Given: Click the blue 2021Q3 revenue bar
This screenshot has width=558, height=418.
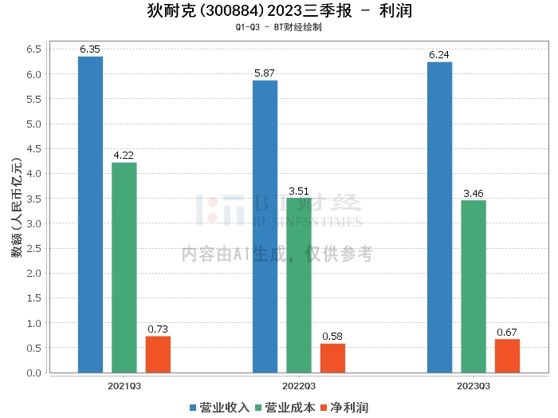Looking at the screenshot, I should pos(90,215).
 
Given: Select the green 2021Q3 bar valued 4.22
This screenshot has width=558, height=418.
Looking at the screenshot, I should pos(124,267).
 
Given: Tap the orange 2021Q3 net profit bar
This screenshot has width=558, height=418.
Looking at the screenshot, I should pos(158,354).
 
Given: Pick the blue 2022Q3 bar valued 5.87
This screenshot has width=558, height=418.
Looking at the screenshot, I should pos(265,227).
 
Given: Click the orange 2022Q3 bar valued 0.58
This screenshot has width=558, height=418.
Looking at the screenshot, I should pos(332,358).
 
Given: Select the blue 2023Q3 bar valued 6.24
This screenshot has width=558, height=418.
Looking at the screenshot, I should pos(439,217).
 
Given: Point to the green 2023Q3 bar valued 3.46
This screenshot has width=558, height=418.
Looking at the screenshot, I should pos(473,286).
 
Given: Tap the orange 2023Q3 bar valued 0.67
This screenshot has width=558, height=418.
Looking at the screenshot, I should pos(507,356).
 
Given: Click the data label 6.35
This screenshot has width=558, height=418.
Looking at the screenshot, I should pos(90,49).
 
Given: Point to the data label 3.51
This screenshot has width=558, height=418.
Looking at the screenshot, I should pos(299,191).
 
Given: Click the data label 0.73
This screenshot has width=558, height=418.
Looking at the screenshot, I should pos(158,329).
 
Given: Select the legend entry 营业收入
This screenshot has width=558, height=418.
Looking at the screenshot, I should pos(220,408).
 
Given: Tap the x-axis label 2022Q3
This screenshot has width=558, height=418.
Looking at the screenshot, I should pos(298,386).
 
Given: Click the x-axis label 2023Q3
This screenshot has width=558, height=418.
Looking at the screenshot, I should pos(473,386).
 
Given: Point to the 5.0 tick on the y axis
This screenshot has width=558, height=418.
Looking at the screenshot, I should pos(33,124).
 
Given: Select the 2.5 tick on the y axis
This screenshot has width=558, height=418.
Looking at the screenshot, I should pos(33,248).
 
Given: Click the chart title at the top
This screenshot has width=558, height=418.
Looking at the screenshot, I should pos(279,11).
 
